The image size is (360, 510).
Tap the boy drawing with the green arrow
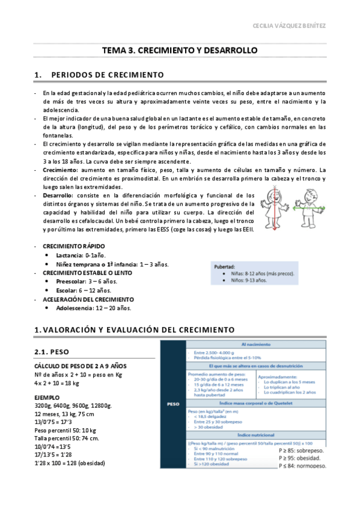click(x=311, y=207)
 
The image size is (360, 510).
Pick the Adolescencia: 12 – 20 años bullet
click(x=94, y=308)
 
